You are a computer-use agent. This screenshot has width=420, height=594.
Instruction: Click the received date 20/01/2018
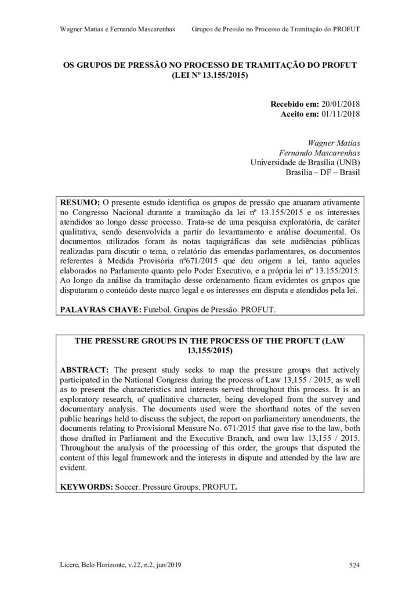pos(341,103)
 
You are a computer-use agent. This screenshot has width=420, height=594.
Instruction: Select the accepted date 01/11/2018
pos(341,114)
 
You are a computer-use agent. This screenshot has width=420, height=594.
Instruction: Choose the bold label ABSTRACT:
pos(84,370)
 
